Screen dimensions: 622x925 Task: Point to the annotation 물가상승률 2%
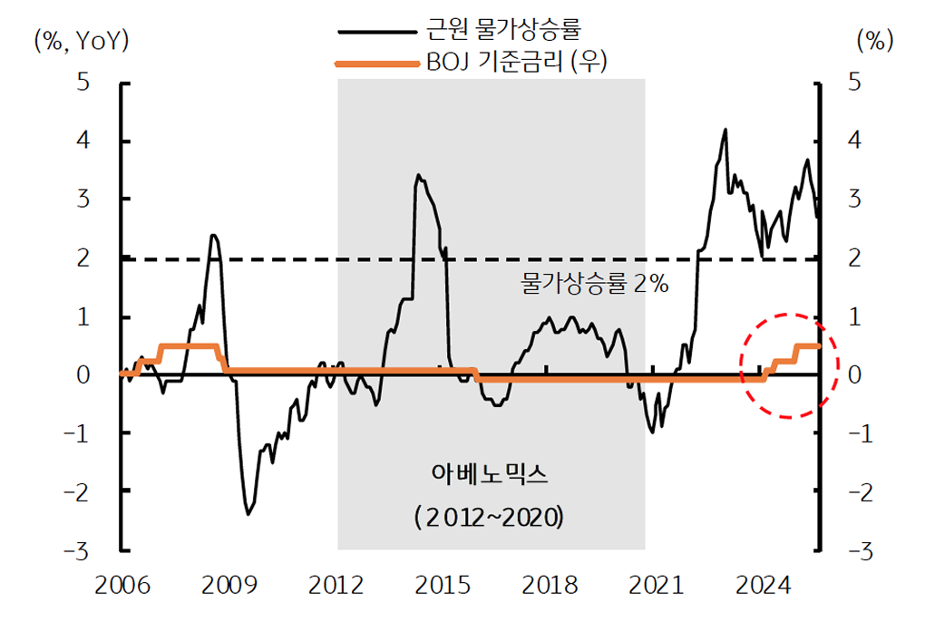[595, 285]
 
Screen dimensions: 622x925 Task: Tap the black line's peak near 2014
[417, 175]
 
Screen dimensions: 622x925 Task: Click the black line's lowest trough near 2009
[248, 514]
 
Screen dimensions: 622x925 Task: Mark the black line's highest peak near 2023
[725, 130]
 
